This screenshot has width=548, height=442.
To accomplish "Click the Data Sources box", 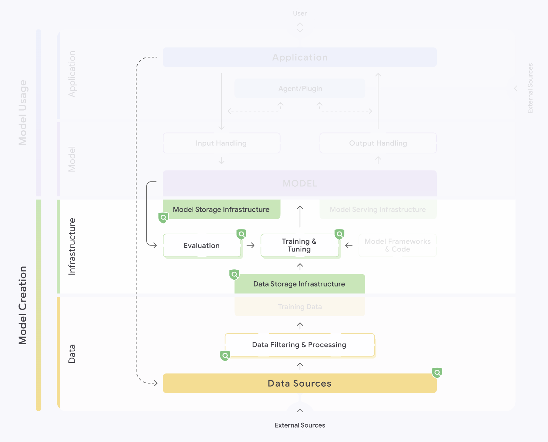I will [300, 383].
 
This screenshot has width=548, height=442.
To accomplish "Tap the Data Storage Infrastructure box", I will [300, 284].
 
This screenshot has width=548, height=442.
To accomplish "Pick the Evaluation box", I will [202, 246].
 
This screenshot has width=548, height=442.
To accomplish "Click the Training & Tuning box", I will [300, 245].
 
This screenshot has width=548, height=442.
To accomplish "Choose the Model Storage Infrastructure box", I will [221, 209].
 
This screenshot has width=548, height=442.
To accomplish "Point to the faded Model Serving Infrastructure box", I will [378, 209].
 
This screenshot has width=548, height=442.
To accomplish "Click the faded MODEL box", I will [300, 183].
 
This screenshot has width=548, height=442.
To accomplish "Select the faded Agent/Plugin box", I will [300, 89].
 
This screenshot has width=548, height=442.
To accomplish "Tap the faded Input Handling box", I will [221, 143].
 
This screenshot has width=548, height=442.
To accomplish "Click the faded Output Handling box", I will [378, 143].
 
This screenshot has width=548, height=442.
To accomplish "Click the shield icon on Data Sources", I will [437, 373].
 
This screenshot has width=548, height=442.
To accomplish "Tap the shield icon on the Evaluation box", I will [241, 234].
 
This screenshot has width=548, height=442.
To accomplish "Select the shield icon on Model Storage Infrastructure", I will [163, 217].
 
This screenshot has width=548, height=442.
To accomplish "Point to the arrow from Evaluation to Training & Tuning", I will [250, 246].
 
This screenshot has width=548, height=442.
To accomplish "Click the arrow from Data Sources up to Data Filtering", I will [300, 366].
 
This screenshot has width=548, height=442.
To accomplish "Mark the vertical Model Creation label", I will [23, 305].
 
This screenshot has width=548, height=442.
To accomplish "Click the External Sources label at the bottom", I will [300, 425].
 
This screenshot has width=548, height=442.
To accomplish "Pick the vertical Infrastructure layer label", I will [72, 246].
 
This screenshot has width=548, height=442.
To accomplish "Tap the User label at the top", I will [300, 13].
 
